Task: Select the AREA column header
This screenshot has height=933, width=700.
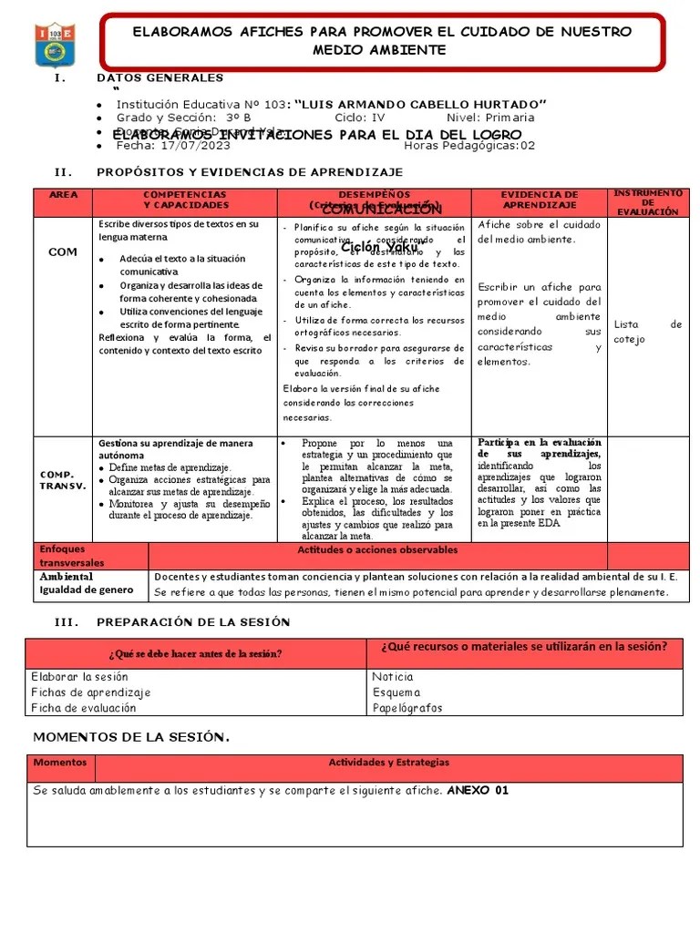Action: pyautogui.click(x=63, y=195)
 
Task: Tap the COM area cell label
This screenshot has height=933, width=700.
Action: pyautogui.click(x=63, y=251)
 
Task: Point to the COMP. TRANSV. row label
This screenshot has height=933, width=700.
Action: pyautogui.click(x=63, y=480)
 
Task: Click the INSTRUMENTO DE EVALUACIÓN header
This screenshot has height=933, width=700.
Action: pyautogui.click(x=648, y=202)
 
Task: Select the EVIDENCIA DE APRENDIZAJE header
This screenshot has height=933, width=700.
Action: pyautogui.click(x=540, y=200)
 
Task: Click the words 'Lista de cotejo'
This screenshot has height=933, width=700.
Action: pyautogui.click(x=648, y=332)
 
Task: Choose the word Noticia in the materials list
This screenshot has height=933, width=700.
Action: pyautogui.click(x=393, y=677)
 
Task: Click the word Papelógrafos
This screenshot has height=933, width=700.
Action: pyautogui.click(x=407, y=707)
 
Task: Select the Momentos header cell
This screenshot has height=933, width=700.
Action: pyautogui.click(x=60, y=763)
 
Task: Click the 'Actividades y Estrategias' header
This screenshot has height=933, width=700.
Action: pyautogui.click(x=388, y=763)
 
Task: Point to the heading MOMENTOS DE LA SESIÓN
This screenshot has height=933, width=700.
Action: pyautogui.click(x=131, y=736)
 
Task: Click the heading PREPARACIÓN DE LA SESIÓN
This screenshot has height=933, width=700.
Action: pyautogui.click(x=193, y=622)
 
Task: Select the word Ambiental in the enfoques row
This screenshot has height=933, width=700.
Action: pyautogui.click(x=67, y=577)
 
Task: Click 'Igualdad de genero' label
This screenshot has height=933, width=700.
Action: pyautogui.click(x=86, y=590)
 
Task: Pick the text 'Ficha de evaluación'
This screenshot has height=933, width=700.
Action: pyautogui.click(x=84, y=707)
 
